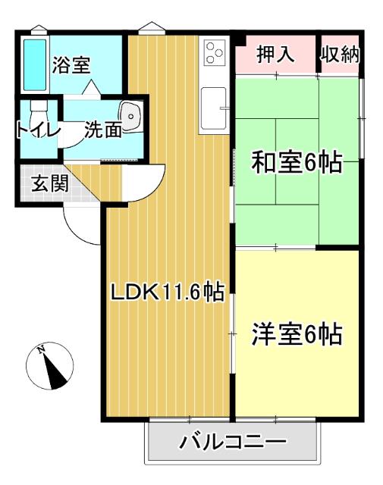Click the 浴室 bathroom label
(x=73, y=65)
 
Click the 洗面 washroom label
(x=103, y=130)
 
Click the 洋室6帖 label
(x=296, y=333)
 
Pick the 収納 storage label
(x=338, y=54)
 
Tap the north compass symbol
(x=51, y=368)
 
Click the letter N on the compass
(x=42, y=349)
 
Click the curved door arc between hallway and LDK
(x=149, y=182)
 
